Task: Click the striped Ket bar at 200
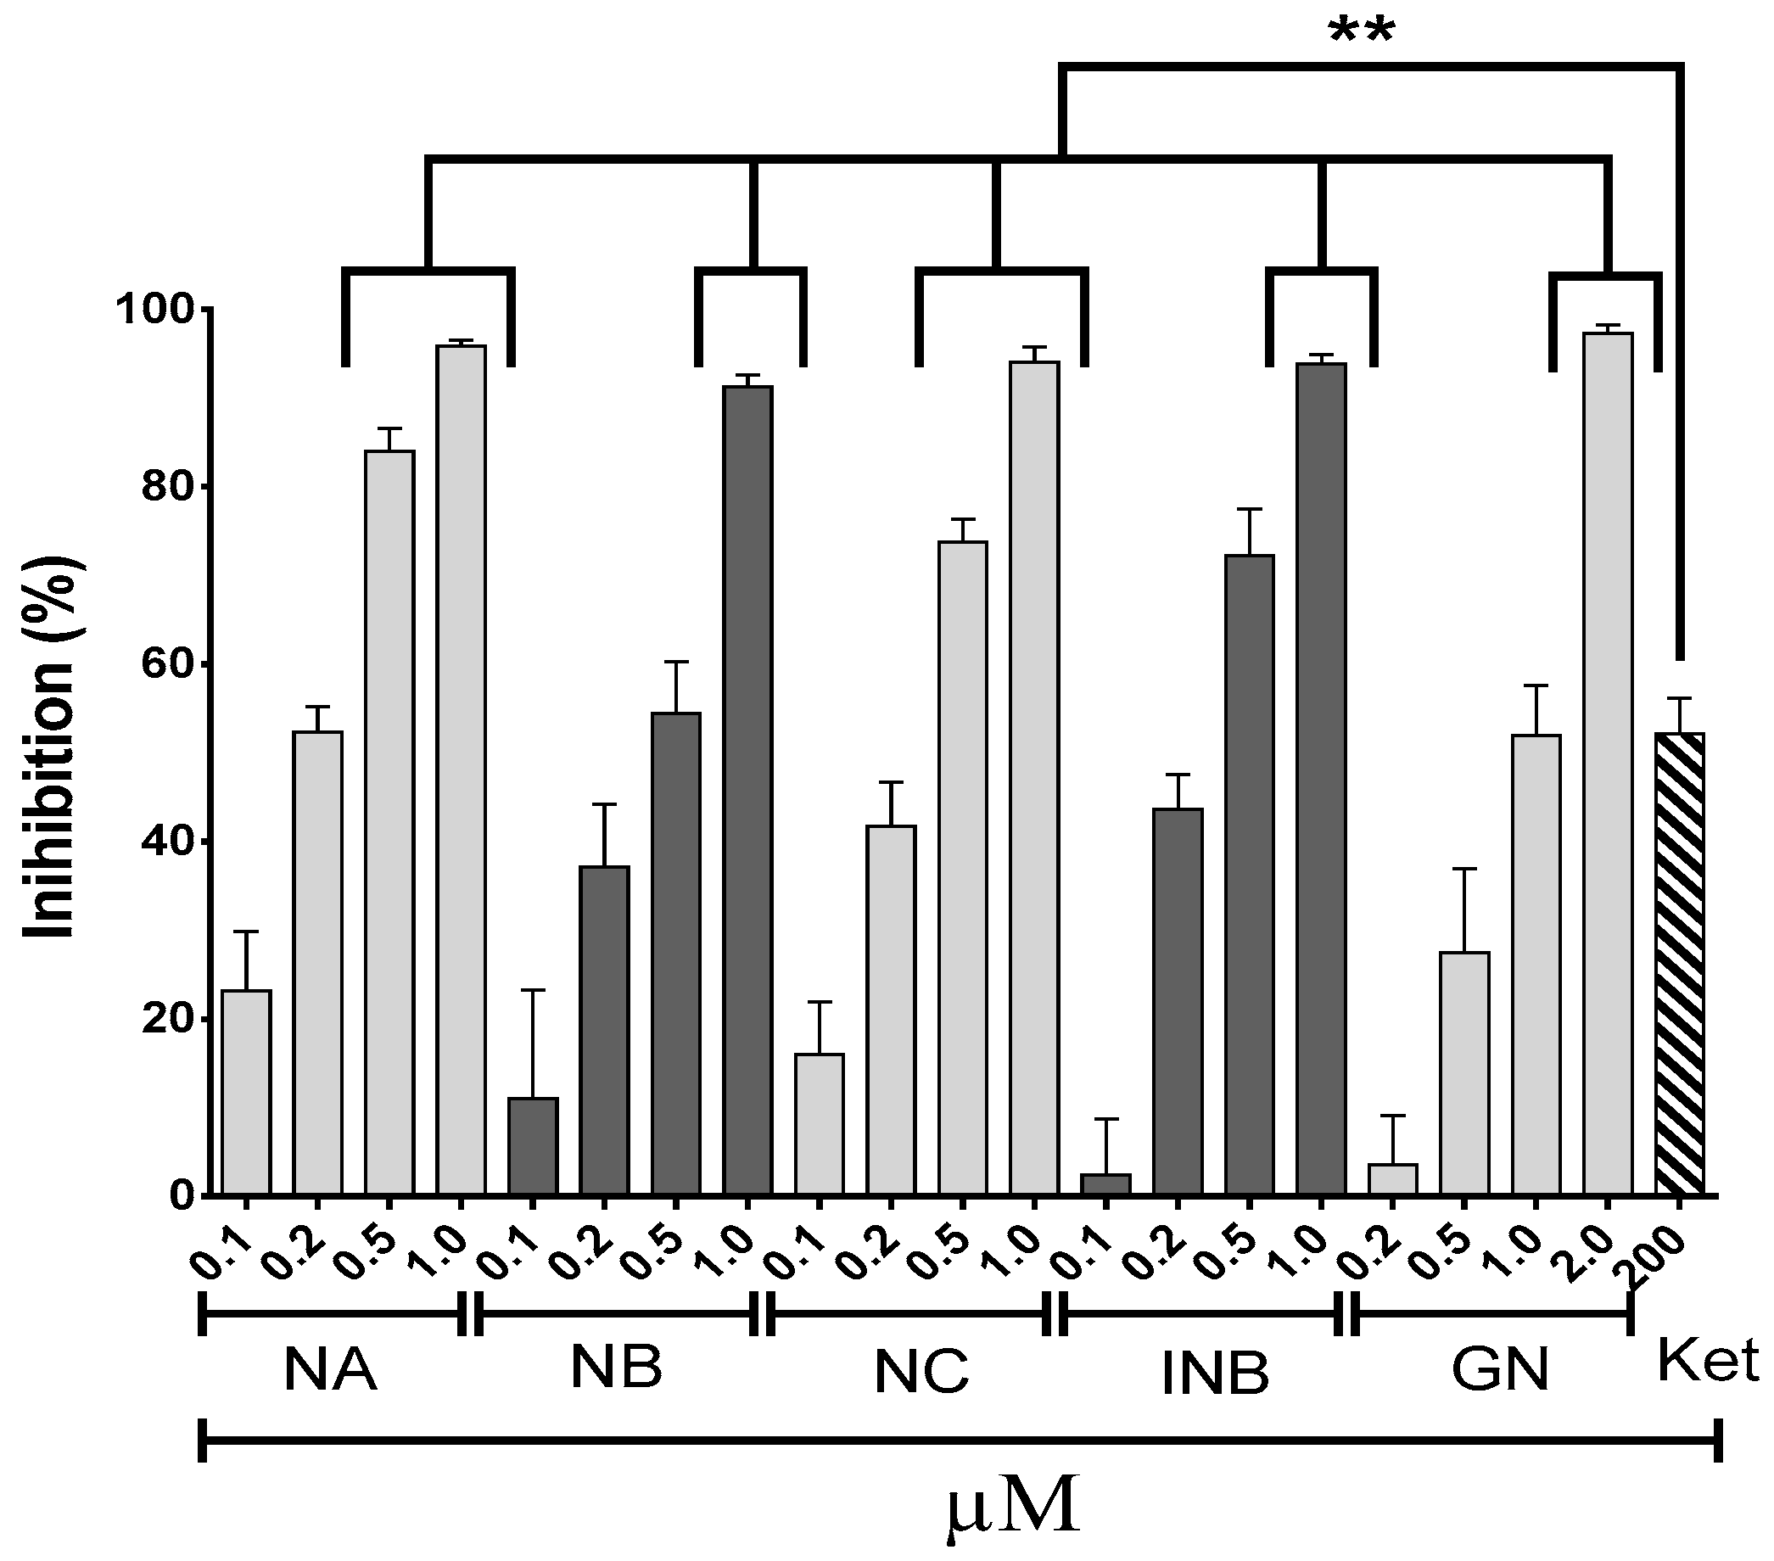tap(1679, 963)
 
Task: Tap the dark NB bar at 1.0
tap(747, 791)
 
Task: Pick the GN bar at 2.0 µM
tap(1608, 764)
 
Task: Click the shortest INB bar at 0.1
tap(1105, 1183)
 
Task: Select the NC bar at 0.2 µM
tap(891, 1010)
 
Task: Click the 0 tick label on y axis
tap(178, 1196)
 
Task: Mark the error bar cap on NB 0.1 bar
tap(533, 990)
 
